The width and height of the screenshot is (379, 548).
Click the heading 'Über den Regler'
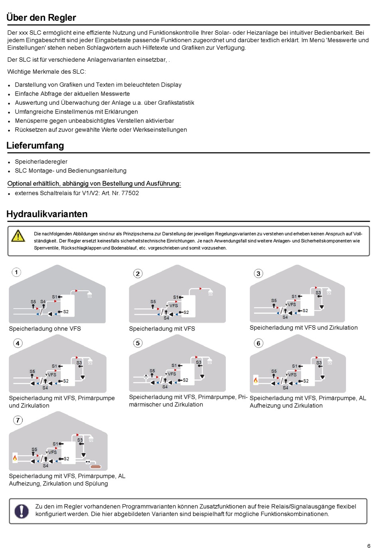(41, 18)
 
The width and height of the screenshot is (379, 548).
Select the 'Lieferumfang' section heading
(35, 145)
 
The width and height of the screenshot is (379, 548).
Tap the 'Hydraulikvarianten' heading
(47, 214)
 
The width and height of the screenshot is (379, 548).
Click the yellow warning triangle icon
(18, 236)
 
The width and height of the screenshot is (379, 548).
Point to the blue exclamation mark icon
(22, 511)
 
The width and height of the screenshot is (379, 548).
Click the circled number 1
(16, 272)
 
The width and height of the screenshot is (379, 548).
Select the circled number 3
(259, 274)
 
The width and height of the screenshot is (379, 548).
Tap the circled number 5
(138, 343)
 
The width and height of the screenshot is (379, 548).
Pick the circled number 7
(18, 420)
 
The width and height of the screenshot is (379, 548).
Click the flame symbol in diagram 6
(256, 380)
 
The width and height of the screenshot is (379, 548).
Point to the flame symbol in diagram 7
(15, 458)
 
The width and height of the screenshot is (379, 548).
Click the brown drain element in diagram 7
(96, 466)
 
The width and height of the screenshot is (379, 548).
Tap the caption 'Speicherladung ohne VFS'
(45, 329)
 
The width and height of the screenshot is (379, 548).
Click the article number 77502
(130, 193)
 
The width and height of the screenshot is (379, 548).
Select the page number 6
(369, 546)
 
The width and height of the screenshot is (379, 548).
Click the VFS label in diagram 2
(174, 305)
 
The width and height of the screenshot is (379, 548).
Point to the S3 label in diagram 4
(79, 363)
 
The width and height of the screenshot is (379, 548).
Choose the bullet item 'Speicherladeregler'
(41, 162)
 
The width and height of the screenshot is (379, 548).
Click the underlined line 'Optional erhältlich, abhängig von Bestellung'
(94, 184)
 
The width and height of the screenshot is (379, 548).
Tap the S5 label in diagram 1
(33, 302)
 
